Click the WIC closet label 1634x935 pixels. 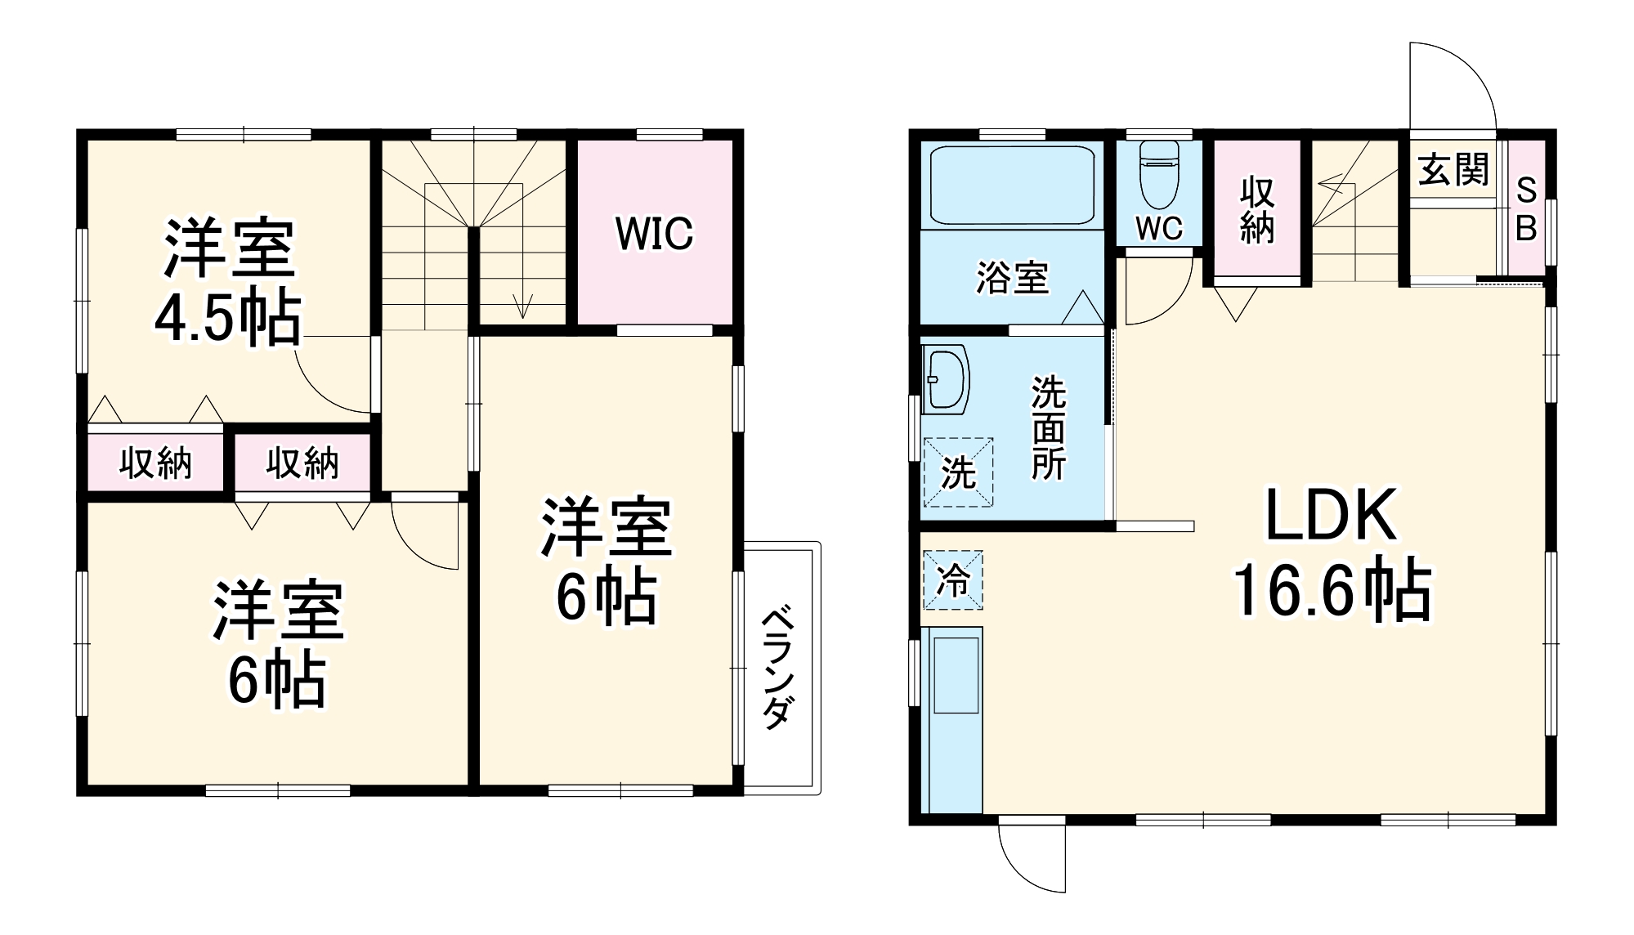tap(654, 234)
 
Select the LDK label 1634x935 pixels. tap(1330, 516)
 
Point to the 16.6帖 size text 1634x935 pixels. tap(1332, 591)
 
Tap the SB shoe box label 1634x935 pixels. tap(1525, 210)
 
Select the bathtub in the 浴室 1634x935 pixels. tap(1012, 186)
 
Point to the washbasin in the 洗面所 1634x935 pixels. tap(946, 379)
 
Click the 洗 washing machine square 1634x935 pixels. tap(958, 472)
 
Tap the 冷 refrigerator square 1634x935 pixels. tap(953, 580)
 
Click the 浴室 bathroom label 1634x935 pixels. tap(1012, 278)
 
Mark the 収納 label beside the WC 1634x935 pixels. tap(1256, 210)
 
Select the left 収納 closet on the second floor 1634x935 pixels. tap(155, 463)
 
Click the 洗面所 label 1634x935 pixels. tap(1048, 427)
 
